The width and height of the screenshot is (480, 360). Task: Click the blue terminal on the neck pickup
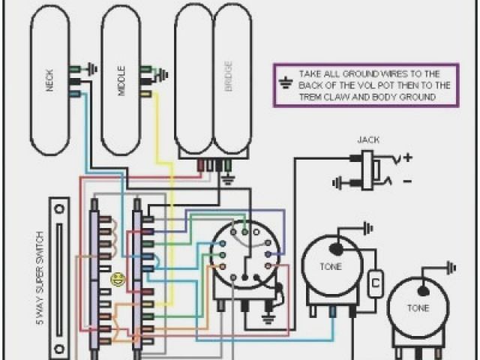click(x=75, y=94)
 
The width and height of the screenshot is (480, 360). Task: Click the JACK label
click(x=368, y=140)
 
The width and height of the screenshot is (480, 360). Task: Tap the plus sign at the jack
click(x=408, y=157)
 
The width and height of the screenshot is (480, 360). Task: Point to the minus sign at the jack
click(x=407, y=181)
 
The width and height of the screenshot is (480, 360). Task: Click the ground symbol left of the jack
click(x=339, y=181)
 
